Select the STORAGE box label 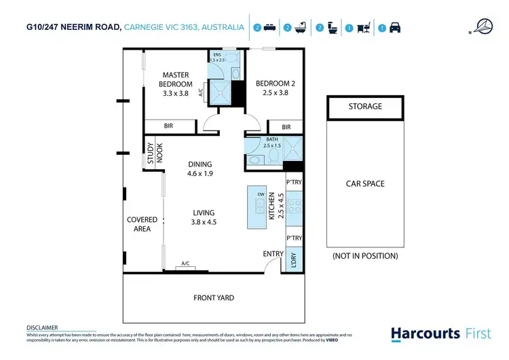click(365, 107)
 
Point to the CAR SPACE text click(365, 183)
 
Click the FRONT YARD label click(214, 298)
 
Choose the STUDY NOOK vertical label click(155, 154)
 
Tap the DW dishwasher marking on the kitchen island click(260, 195)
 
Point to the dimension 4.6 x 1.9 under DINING click(200, 174)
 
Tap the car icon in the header click(396, 28)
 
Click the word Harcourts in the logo click(423, 334)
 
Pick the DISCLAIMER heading click(42, 327)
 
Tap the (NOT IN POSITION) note click(365, 256)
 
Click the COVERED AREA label click(142, 224)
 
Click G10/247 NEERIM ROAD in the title click(74, 28)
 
